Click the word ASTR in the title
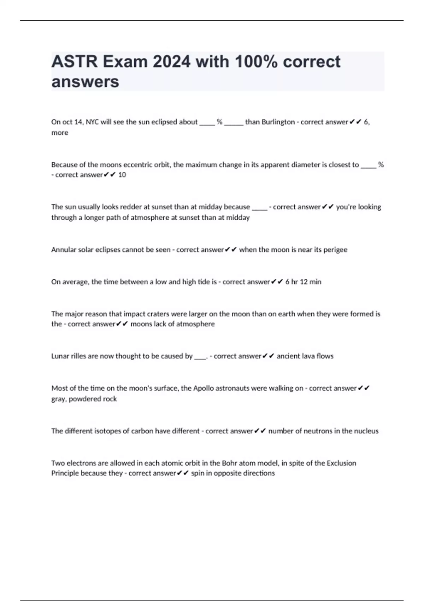pyautogui.click(x=75, y=62)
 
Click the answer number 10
pyautogui.click(x=122, y=175)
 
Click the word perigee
pyautogui.click(x=335, y=250)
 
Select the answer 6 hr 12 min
pyautogui.click(x=303, y=282)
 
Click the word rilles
pyautogui.click(x=79, y=356)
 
